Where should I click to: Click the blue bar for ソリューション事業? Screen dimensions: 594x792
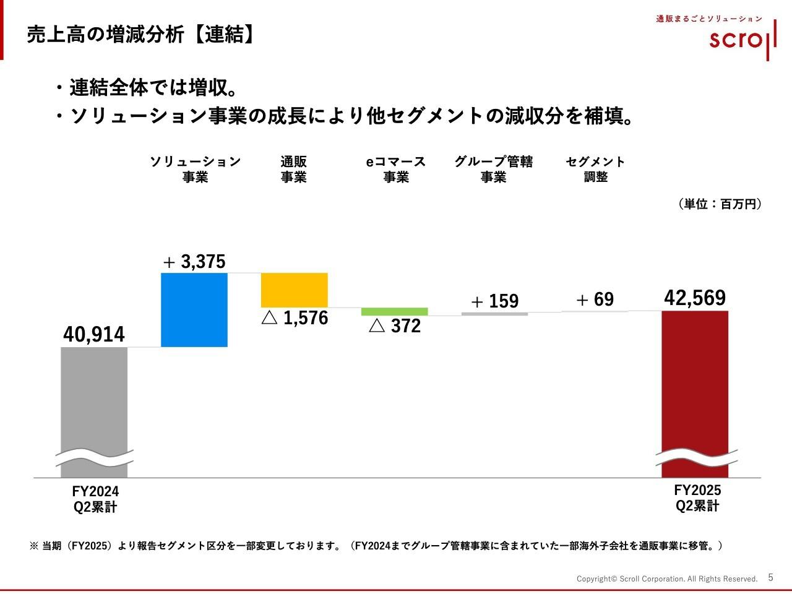tap(194, 309)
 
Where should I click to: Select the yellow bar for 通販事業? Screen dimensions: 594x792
tap(295, 290)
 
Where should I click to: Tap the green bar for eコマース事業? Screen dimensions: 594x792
tap(395, 312)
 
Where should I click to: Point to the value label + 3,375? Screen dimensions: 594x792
tap(194, 262)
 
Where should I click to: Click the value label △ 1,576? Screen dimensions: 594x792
tap(295, 318)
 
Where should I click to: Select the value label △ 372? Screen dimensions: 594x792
tap(395, 326)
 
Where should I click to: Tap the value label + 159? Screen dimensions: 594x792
tap(494, 301)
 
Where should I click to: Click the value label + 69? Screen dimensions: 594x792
tap(595, 299)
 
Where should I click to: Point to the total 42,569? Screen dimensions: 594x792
tap(695, 298)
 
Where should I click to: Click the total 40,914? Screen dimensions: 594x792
tap(94, 334)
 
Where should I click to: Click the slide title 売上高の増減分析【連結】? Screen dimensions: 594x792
tap(141, 35)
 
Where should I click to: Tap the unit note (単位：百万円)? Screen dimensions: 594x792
tap(720, 204)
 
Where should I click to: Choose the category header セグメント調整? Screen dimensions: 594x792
tap(595, 169)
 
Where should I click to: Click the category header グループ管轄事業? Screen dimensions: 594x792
tap(493, 169)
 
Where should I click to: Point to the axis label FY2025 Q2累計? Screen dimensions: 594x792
tap(697, 498)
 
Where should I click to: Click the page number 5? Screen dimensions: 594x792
tap(770, 577)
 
